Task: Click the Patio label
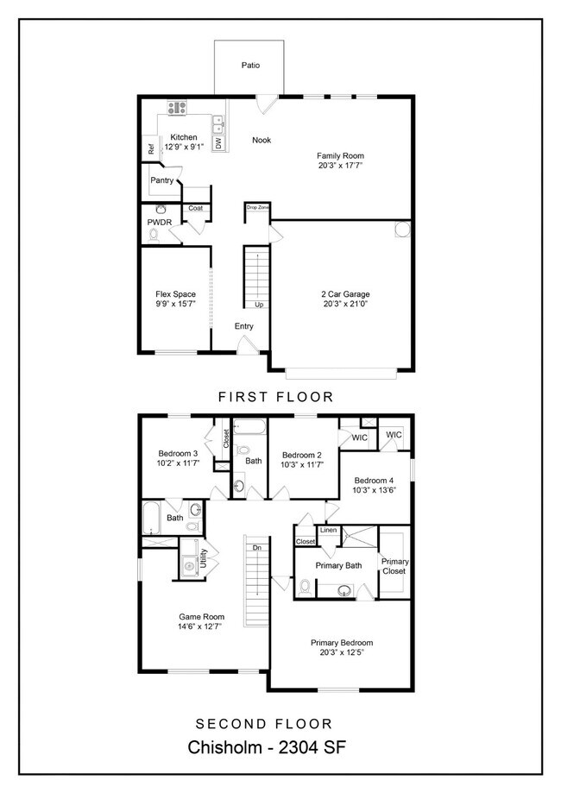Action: tap(250, 65)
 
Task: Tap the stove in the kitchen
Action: tap(177, 108)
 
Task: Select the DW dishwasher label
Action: tap(218, 143)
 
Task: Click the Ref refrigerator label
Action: tap(150, 149)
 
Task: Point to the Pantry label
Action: tap(161, 180)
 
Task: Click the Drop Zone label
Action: tap(257, 208)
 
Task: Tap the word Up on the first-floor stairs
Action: tap(258, 305)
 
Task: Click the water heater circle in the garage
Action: tap(402, 230)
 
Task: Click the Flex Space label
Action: tap(175, 294)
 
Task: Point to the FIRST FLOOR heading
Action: tap(275, 397)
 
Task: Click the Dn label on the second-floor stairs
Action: tap(256, 547)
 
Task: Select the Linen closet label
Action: tap(328, 530)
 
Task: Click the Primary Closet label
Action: tap(394, 566)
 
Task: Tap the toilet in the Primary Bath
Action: tap(305, 586)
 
